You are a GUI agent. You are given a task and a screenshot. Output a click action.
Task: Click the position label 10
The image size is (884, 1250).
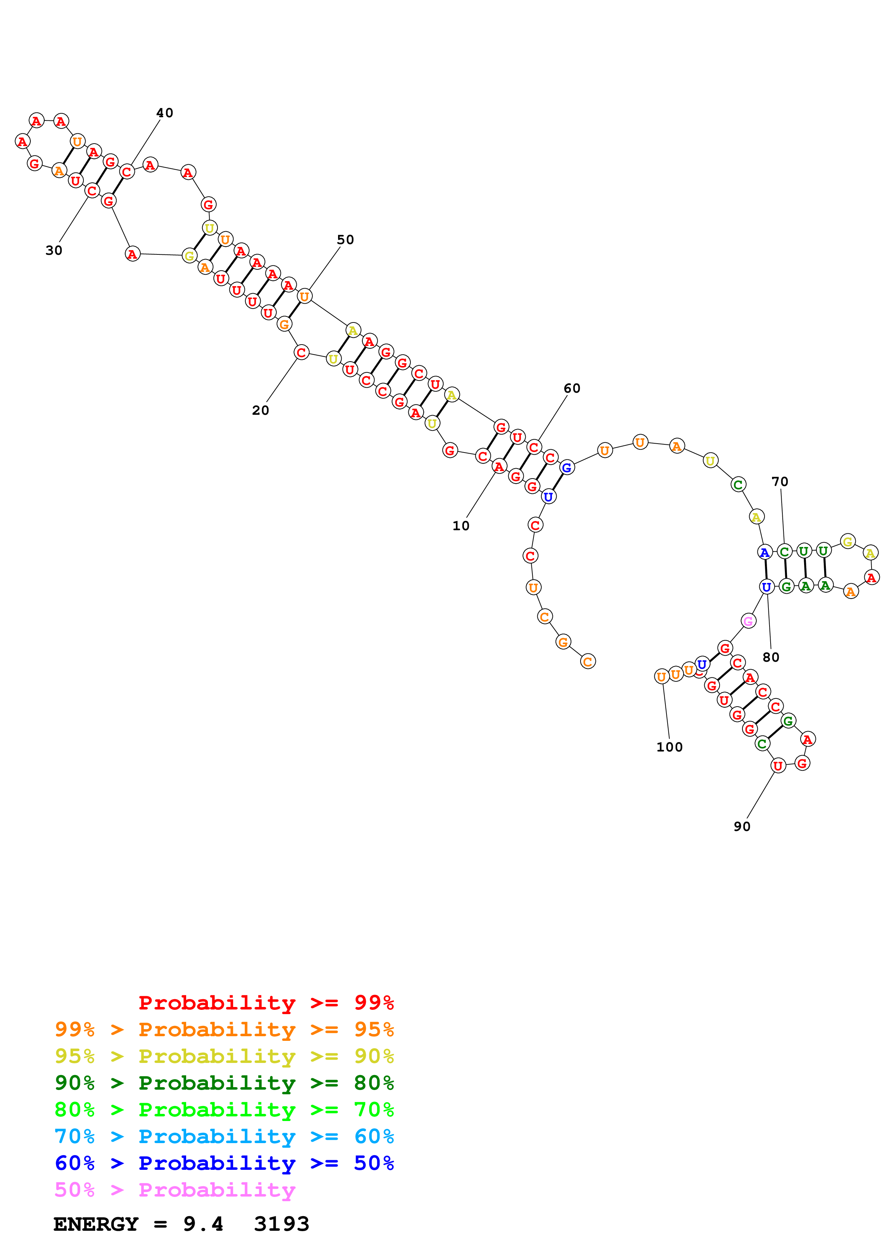(x=461, y=526)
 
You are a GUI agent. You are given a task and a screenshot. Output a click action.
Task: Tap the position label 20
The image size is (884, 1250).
(x=260, y=410)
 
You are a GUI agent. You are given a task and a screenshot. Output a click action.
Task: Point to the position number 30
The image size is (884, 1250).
(x=54, y=250)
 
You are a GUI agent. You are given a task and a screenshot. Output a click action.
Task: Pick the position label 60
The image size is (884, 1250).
(x=572, y=388)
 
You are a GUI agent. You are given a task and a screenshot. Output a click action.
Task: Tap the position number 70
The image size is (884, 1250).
(x=780, y=481)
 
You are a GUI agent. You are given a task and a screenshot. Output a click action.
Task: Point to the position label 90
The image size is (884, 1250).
(x=742, y=826)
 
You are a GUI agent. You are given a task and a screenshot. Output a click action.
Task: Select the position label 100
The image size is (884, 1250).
(x=669, y=747)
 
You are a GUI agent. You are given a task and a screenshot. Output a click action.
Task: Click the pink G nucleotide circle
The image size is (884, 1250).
(x=748, y=621)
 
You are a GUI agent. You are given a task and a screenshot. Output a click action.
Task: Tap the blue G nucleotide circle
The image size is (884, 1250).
(x=567, y=467)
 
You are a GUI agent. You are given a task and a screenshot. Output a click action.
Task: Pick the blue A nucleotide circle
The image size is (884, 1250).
(x=765, y=553)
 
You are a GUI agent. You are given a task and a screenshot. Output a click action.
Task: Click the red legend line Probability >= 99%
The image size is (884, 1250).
(x=266, y=1002)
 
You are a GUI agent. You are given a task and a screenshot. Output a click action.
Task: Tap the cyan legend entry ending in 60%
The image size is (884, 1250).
(x=224, y=1136)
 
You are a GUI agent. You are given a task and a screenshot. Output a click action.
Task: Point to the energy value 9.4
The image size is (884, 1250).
(x=203, y=1224)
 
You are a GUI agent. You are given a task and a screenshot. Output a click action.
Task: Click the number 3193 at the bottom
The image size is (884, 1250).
(x=282, y=1224)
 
